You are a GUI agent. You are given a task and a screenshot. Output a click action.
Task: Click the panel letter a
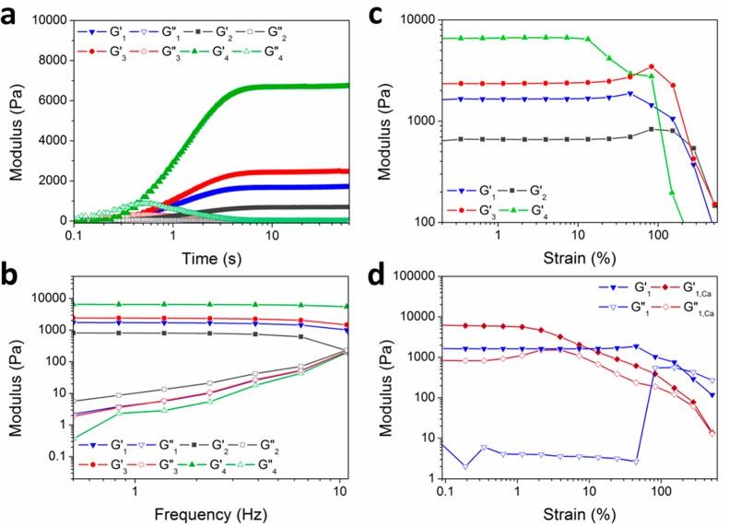pos(11,13)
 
